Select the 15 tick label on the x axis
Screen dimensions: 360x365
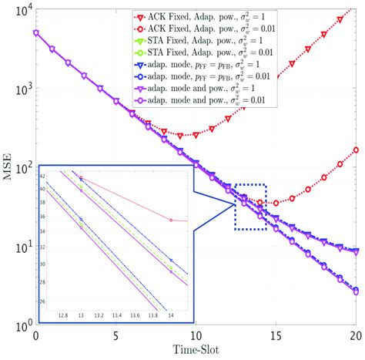click(276, 337)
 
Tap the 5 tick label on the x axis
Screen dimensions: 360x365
click(116, 337)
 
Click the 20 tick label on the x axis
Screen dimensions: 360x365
click(355, 337)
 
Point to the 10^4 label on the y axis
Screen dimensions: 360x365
click(18, 9)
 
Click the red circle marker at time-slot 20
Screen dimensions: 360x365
click(356, 150)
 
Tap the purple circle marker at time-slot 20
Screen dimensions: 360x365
click(356, 292)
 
